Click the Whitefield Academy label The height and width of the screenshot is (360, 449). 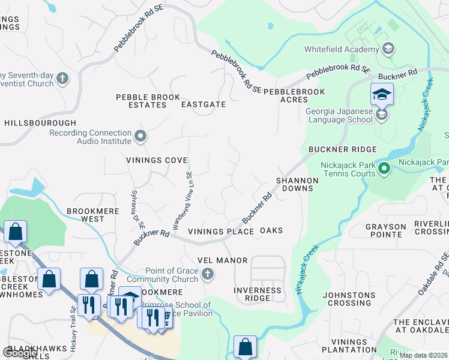pos(342,49)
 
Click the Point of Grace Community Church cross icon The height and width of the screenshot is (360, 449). pos(207,274)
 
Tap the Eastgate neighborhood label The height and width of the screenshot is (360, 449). pos(203,104)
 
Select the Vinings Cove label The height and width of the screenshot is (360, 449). pos(157,160)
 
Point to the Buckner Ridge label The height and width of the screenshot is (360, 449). pos(342,149)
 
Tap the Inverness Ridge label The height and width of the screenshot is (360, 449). pos(258,294)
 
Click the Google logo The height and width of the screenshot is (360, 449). pos(20,353)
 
